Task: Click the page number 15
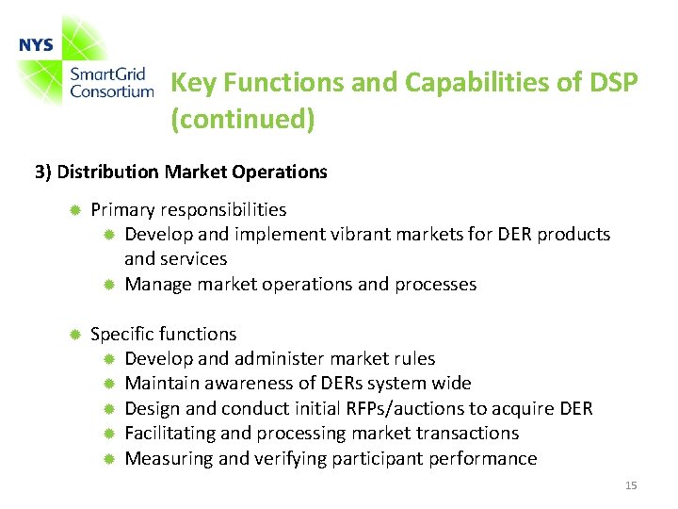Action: (631, 485)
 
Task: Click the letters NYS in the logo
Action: (36, 45)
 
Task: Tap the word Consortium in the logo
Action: (111, 91)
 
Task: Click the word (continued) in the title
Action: (242, 120)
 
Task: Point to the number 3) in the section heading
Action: (43, 172)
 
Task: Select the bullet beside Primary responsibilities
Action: (74, 209)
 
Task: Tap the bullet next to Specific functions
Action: (74, 334)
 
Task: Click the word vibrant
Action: (363, 234)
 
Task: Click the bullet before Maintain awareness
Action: (108, 384)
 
